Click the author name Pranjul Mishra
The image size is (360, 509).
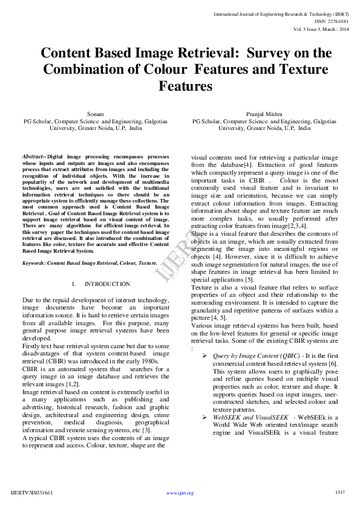(261, 114)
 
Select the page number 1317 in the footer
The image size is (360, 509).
(340, 492)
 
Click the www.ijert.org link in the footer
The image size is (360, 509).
(180, 493)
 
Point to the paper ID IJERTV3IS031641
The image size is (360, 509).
(32, 493)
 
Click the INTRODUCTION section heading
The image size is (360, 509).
(107, 284)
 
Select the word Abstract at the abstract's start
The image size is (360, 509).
(33, 157)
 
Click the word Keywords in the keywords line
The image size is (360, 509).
(34, 263)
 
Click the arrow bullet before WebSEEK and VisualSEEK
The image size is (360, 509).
(205, 418)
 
